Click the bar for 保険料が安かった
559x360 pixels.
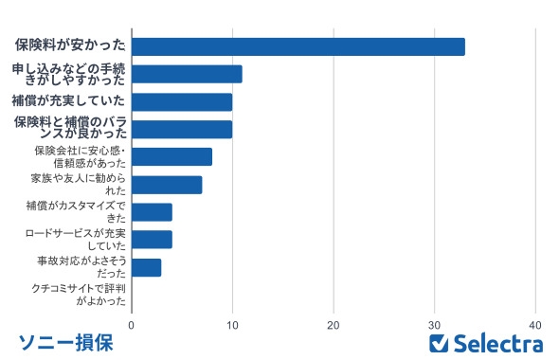[x=298, y=46]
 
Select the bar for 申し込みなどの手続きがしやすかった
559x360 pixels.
[x=187, y=74]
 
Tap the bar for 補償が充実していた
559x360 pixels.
[x=181, y=101]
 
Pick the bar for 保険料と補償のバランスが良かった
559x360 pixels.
[x=181, y=129]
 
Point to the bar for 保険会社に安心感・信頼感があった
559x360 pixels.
[x=171, y=156]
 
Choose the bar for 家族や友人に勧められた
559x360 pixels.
[x=167, y=184]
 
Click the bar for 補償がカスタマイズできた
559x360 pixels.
[x=152, y=211]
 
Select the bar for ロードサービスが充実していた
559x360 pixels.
[x=152, y=239]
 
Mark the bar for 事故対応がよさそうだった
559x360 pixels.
[x=146, y=266]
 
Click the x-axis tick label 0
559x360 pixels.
[x=132, y=325]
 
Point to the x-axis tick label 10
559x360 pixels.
[x=232, y=325]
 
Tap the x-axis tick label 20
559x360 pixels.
[x=334, y=325]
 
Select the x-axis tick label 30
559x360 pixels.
[x=435, y=325]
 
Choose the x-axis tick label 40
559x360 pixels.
[x=536, y=325]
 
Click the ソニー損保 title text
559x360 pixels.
[x=65, y=343]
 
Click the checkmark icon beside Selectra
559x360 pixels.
[x=439, y=343]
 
